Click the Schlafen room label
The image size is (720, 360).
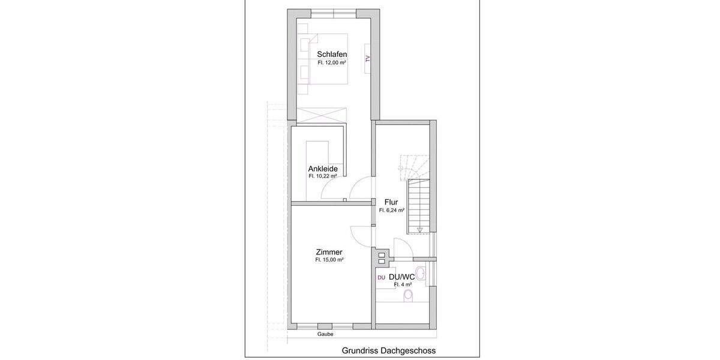(x=332, y=54)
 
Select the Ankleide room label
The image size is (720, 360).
(x=322, y=169)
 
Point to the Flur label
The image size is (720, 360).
(x=391, y=202)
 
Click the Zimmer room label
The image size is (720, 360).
(x=329, y=252)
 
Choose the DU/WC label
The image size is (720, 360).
(x=402, y=277)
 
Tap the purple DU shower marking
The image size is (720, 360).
(x=381, y=277)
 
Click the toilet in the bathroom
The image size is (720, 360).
(x=409, y=295)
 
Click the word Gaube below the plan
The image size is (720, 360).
(x=326, y=334)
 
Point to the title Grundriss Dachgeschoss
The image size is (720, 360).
(x=389, y=350)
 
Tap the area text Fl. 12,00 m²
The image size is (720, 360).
(x=332, y=62)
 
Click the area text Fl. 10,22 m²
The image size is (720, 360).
(x=322, y=177)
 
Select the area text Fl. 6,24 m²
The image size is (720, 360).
(x=391, y=211)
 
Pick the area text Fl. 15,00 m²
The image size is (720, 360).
(x=329, y=260)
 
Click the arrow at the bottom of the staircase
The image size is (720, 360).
(x=420, y=229)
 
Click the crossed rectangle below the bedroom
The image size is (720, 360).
(x=322, y=116)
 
